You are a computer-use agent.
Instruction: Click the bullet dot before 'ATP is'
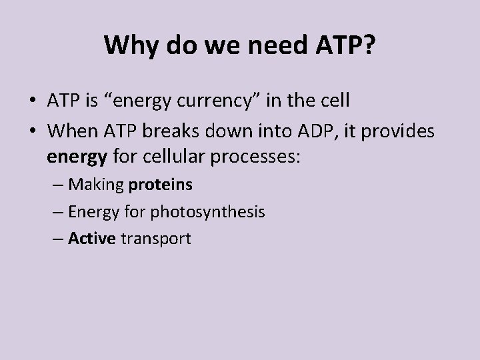click(32, 101)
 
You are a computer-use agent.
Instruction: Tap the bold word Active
click(91, 239)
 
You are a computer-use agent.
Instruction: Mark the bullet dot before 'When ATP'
click(32, 132)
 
